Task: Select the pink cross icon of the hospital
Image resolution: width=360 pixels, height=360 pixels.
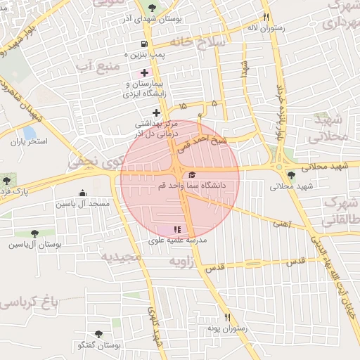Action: (144, 72)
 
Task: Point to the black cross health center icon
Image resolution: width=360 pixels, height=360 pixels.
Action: (156, 112)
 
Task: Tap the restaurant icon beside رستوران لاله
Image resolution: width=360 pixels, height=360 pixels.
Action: (266, 18)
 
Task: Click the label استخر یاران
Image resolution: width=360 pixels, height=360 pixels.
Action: (28, 141)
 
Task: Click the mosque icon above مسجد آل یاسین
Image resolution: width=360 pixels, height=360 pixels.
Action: (83, 193)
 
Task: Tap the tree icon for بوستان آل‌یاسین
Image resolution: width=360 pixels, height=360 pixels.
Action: (34, 233)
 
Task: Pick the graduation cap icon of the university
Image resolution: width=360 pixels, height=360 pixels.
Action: (192, 175)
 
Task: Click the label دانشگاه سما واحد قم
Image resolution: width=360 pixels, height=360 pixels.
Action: (213, 186)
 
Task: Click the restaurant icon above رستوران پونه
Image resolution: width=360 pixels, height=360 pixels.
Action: (226, 317)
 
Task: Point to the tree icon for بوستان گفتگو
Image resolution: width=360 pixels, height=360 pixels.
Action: (98, 335)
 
